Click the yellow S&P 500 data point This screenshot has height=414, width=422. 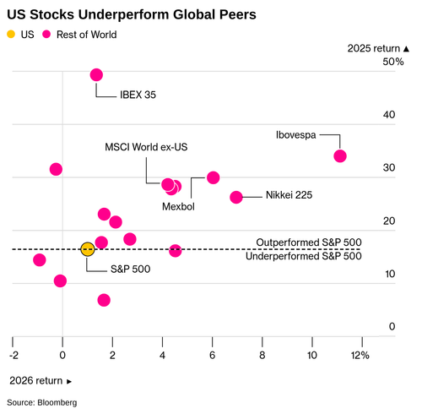point(88,249)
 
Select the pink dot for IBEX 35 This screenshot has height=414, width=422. point(96,75)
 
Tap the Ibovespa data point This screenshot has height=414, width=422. point(340,156)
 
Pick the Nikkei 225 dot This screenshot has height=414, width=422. point(236,197)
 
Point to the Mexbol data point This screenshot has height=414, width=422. point(213,177)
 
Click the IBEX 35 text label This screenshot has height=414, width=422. point(138,95)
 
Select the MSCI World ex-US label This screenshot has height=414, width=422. point(146,147)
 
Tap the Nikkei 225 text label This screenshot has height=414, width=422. point(289,195)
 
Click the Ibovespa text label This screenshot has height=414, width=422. point(295,135)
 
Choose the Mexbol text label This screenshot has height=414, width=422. point(178,207)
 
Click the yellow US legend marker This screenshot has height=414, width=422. point(11,35)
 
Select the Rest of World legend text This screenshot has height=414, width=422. point(87,35)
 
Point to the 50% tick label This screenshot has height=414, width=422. point(393,62)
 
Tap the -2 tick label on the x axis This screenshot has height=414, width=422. point(14,356)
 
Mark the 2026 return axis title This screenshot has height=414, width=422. point(41,381)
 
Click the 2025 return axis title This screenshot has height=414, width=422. point(378,48)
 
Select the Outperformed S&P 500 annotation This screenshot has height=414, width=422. point(309,242)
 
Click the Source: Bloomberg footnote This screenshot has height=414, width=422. point(42,402)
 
